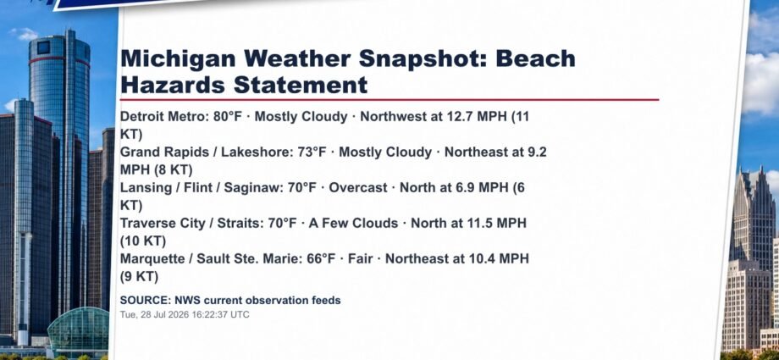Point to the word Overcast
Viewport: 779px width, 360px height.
(x=357, y=188)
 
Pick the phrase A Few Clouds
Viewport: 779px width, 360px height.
(x=353, y=224)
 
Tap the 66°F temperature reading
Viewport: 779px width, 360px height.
(x=322, y=258)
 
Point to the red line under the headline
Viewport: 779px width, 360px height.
(x=389, y=99)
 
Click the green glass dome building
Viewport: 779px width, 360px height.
(x=78, y=328)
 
